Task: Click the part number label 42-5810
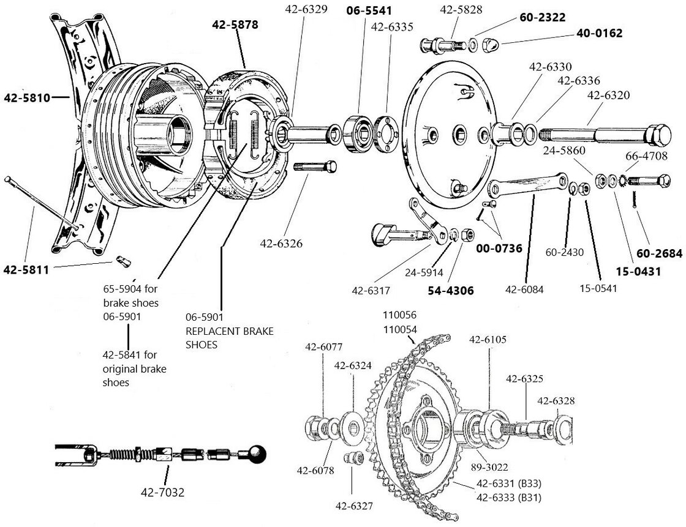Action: pyautogui.click(x=26, y=97)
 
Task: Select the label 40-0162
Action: pyautogui.click(x=599, y=34)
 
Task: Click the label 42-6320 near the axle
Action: pyautogui.click(x=609, y=95)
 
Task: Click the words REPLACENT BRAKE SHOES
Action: pyautogui.click(x=229, y=337)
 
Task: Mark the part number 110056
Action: pyautogui.click(x=399, y=316)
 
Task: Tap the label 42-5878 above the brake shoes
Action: pyautogui.click(x=235, y=25)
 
